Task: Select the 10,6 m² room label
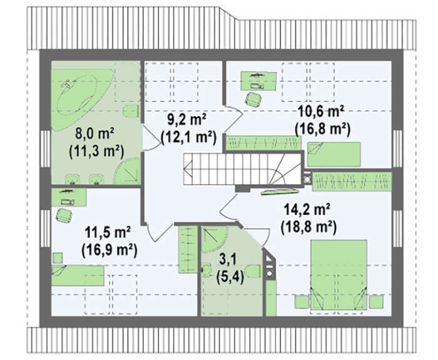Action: pos(321,112)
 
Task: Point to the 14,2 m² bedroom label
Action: pos(308,210)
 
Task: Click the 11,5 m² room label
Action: pos(108,232)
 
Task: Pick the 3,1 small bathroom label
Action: pos(228,259)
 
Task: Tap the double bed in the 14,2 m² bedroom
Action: pos(339,274)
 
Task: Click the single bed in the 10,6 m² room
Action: pos(334,154)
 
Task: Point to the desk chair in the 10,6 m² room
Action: pos(253,100)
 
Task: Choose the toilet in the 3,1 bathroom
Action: pos(253,270)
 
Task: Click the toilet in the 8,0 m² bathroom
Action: pos(131,111)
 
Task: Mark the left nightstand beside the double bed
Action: pos(302,302)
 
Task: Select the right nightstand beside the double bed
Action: pos(376,302)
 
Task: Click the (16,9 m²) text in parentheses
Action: pos(109,250)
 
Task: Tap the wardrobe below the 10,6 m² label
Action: pos(263,143)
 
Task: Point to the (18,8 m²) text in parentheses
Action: pos(308,227)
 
